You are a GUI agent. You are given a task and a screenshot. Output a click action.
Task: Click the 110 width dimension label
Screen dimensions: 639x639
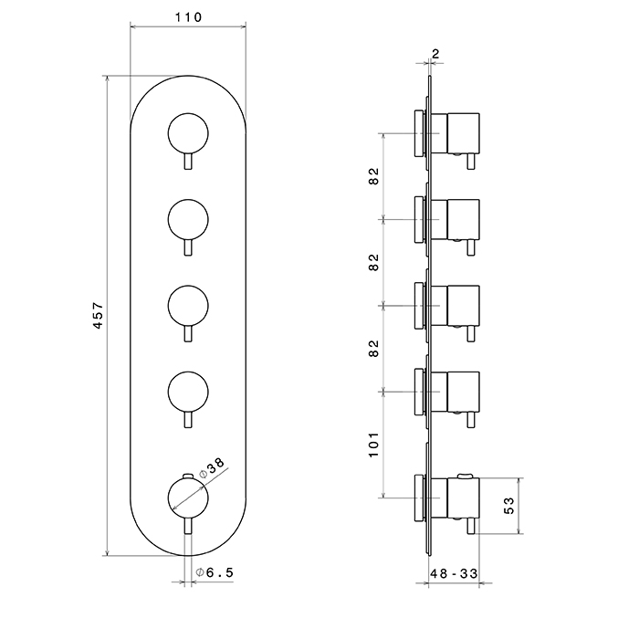(188, 16)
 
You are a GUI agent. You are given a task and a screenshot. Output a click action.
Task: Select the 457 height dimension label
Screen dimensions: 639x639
(99, 316)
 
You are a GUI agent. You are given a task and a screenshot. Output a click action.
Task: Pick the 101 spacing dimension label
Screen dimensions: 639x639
(373, 443)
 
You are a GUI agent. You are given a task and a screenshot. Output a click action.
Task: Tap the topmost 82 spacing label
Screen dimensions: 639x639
(373, 176)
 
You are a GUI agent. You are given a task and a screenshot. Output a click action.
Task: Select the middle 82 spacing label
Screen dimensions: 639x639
(373, 263)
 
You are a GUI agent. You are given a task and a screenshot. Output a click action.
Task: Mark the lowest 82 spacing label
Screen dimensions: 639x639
(373, 348)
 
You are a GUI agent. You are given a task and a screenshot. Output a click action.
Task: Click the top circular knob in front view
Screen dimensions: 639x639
(188, 135)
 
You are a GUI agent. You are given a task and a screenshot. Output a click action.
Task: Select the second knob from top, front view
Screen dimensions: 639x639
(188, 220)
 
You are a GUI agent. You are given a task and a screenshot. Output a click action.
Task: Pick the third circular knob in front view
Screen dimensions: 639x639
(188, 305)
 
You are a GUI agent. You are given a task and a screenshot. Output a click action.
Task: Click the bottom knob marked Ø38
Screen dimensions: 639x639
(188, 499)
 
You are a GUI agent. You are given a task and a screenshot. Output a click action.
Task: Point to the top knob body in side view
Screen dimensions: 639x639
(463, 133)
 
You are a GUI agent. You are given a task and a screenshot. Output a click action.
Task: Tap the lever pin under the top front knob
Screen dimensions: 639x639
(188, 162)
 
